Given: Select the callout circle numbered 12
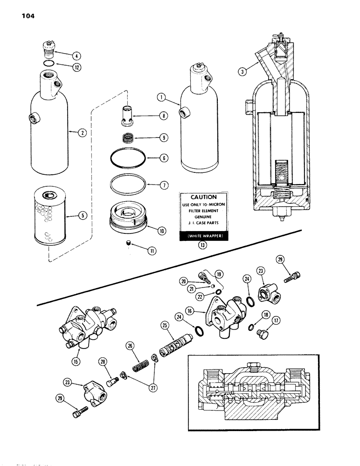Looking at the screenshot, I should (x=76, y=67).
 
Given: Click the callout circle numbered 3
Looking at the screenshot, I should (x=241, y=71).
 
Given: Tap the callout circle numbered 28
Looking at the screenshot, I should (x=102, y=361).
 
